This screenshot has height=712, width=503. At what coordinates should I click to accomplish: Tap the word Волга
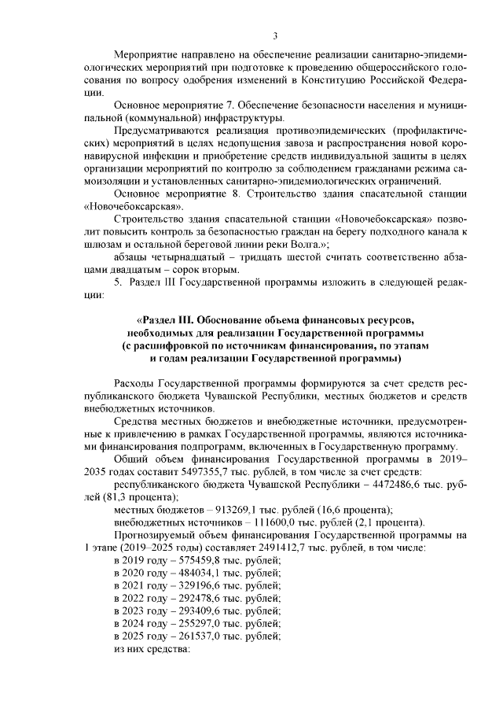(x=301, y=245)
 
